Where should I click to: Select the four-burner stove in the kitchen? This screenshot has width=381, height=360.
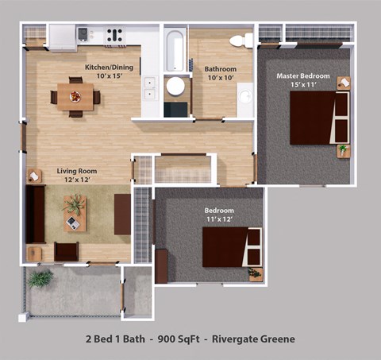(x=114, y=35)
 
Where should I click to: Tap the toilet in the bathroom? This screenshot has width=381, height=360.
(x=241, y=41)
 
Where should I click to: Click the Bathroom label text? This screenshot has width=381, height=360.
(x=220, y=68)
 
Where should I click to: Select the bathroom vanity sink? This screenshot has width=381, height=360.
(x=245, y=97)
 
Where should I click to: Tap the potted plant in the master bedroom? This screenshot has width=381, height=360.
(x=343, y=149)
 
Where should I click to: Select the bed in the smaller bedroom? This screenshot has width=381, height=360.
(x=231, y=246)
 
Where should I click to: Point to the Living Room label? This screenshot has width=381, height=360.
(x=76, y=170)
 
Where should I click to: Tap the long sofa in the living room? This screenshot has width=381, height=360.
(x=35, y=215)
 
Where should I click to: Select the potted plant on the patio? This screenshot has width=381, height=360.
(x=39, y=279)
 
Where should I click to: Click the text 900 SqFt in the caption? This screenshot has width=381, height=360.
(x=179, y=339)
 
